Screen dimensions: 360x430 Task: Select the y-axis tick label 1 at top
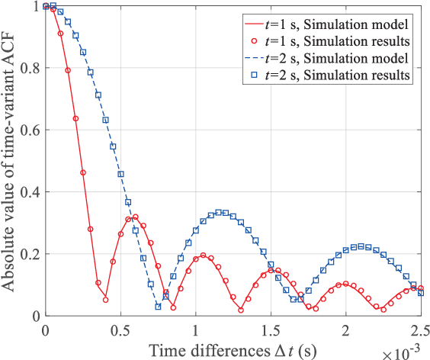tap(35, 6)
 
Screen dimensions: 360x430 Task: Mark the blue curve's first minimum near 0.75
tap(158, 307)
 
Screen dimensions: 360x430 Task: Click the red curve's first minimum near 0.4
tap(105, 300)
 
